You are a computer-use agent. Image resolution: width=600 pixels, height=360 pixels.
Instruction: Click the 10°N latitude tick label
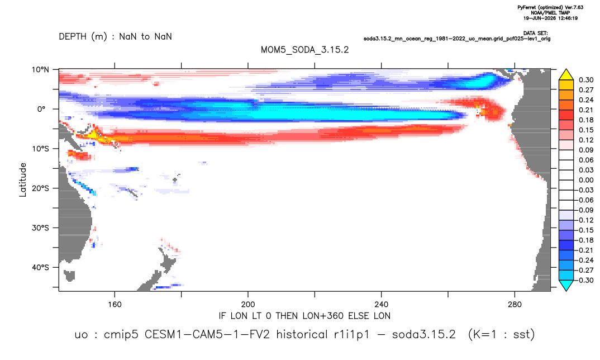(40, 69)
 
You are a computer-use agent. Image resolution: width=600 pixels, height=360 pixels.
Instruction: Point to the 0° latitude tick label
(41, 109)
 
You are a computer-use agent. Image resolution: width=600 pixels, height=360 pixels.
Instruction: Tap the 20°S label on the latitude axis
(40, 188)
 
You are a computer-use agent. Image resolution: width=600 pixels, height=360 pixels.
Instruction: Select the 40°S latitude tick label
(40, 267)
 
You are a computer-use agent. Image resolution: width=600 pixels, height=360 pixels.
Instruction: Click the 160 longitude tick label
(115, 305)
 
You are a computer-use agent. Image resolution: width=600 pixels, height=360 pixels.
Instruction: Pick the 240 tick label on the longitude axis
(382, 305)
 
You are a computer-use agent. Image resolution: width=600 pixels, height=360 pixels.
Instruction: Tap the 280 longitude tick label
(515, 305)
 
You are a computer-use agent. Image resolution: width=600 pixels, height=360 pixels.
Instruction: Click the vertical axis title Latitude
(23, 180)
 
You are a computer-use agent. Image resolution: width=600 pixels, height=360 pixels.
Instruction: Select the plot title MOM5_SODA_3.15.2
(304, 50)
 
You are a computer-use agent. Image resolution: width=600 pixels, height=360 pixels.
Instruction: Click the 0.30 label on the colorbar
(586, 80)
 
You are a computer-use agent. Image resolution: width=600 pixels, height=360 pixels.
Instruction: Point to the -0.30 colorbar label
(585, 280)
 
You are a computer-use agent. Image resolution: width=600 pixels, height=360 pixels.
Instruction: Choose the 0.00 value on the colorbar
(586, 180)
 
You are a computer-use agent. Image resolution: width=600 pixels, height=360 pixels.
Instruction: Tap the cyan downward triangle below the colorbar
(566, 286)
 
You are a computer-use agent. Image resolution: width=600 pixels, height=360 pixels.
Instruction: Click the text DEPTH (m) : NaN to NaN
(115, 37)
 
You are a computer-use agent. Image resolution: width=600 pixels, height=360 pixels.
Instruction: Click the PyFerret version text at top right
(550, 7)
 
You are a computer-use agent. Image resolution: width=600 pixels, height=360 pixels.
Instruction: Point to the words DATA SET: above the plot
(535, 34)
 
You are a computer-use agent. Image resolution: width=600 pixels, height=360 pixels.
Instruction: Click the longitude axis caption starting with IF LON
(304, 316)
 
